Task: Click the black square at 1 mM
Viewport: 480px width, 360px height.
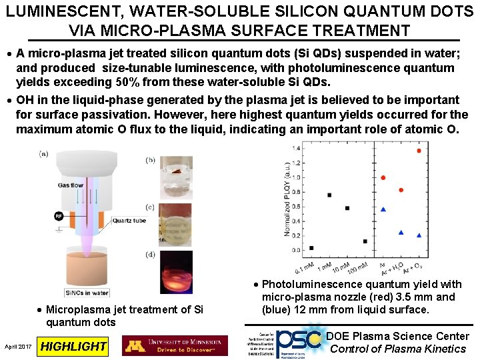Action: click(329, 195)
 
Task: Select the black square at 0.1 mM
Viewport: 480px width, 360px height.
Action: click(312, 248)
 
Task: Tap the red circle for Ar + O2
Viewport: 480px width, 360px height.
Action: click(419, 151)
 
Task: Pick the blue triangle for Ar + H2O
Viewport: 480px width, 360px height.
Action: click(401, 232)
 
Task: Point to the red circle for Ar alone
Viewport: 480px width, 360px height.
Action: click(383, 177)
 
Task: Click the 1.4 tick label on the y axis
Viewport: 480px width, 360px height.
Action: click(295, 148)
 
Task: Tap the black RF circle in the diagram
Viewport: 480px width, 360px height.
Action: click(60, 215)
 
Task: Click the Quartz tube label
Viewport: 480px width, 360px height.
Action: click(129, 221)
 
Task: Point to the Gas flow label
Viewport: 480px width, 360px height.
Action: click(70, 185)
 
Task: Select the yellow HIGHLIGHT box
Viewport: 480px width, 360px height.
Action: click(73, 346)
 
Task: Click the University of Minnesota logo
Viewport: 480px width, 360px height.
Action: click(175, 345)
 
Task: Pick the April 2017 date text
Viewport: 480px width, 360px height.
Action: click(18, 347)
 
